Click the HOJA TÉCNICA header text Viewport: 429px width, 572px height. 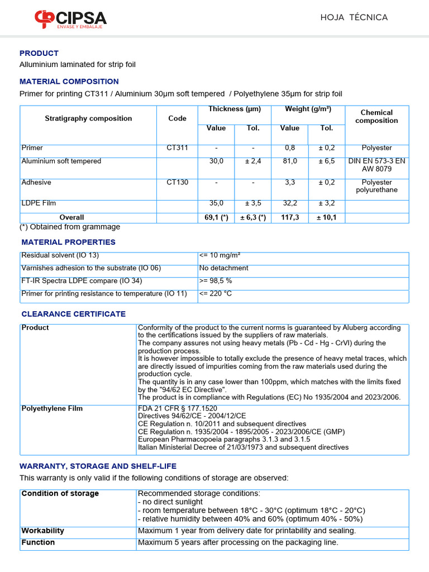[354, 17]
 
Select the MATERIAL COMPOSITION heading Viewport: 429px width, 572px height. [69, 82]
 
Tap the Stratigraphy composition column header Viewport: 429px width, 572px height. [88, 118]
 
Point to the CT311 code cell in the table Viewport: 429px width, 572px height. [178, 148]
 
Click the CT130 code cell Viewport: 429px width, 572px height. [178, 183]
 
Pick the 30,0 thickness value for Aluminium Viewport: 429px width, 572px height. [216, 161]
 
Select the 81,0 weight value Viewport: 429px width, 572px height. [290, 161]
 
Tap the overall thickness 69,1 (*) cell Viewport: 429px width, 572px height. [216, 217]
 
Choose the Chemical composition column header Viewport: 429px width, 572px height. [376, 116]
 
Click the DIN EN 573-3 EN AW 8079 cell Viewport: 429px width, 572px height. [376, 165]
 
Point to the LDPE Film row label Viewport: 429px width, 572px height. [39, 203]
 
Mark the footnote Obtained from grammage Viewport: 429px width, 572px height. [70, 227]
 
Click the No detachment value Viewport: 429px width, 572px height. [223, 268]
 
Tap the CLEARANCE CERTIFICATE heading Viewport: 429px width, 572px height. [74, 314]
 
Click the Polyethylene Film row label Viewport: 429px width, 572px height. [52, 408]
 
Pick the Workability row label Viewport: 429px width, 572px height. [42, 531]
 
